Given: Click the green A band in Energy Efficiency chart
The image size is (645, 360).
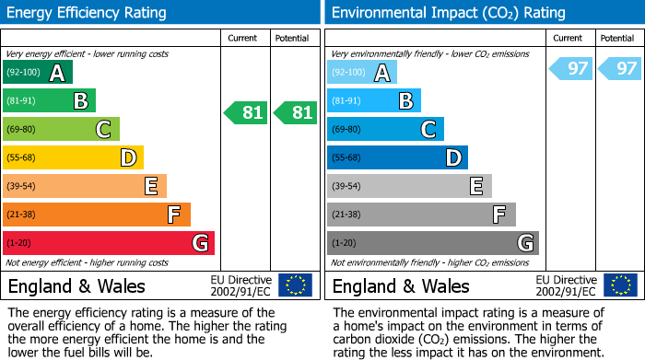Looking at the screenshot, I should [38, 73].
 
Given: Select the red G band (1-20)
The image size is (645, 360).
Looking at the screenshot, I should [109, 243].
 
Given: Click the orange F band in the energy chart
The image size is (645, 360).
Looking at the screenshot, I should [97, 215].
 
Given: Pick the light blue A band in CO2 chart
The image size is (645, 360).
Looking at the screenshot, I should [362, 73].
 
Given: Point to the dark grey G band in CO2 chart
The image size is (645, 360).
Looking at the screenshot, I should [432, 243].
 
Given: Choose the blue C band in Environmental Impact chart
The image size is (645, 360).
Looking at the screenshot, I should [385, 130].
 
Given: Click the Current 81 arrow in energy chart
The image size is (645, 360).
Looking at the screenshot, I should [246, 113].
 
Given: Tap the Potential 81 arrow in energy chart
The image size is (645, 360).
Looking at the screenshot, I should [296, 113].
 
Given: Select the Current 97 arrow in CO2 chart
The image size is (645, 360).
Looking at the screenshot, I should [570, 69].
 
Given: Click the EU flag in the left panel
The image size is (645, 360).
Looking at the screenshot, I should [295, 285].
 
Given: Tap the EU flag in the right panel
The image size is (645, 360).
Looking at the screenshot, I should [619, 285].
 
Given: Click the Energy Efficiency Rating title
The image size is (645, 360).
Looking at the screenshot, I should [88, 13].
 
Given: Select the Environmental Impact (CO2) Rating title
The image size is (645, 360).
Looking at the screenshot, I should [448, 13].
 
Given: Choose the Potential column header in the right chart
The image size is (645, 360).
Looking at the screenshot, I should [617, 38].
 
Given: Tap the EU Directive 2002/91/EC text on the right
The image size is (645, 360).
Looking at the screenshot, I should [565, 285].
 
